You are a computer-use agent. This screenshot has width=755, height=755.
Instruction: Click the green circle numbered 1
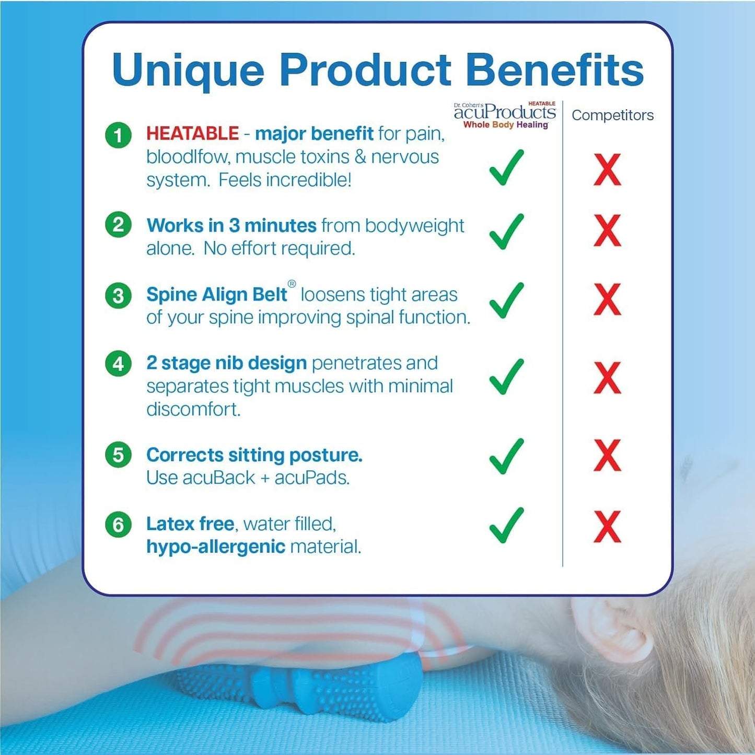(x=118, y=135)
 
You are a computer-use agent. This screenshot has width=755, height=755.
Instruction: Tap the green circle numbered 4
(x=118, y=363)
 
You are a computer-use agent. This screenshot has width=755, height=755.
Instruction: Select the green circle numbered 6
(x=118, y=524)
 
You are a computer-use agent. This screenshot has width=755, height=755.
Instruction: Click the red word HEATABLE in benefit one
(x=192, y=134)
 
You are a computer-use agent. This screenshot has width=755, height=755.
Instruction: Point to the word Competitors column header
(x=612, y=115)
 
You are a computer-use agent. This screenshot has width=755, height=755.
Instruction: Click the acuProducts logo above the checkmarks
(x=505, y=115)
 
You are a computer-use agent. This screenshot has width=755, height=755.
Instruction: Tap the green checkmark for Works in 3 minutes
(x=506, y=231)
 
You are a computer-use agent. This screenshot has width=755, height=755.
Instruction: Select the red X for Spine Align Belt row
(x=607, y=299)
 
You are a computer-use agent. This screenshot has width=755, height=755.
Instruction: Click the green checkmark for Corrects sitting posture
(x=506, y=456)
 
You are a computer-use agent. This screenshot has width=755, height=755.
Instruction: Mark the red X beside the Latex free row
(x=607, y=527)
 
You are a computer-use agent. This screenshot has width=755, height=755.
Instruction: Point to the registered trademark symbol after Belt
(x=292, y=284)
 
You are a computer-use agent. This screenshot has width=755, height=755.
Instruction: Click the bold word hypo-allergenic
(x=215, y=547)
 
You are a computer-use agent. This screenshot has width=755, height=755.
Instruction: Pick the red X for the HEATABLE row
(x=607, y=170)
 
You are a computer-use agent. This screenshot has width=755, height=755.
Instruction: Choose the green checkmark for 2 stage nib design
(x=506, y=377)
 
